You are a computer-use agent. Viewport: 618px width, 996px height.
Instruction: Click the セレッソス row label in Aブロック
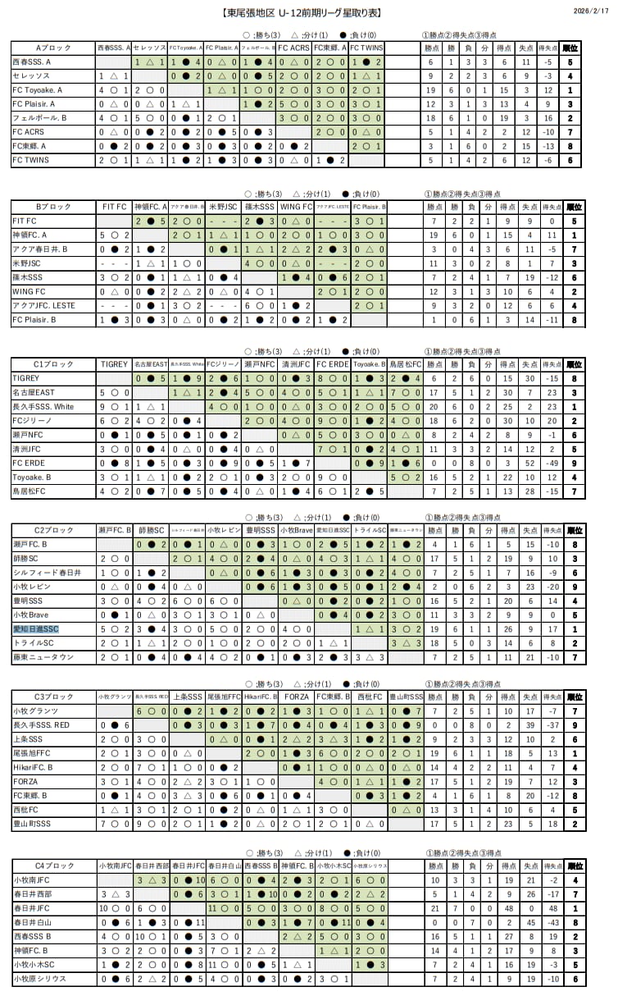tap(33, 76)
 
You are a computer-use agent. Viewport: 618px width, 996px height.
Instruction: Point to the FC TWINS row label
tap(31, 160)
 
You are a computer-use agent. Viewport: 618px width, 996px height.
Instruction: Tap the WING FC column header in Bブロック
tap(295, 208)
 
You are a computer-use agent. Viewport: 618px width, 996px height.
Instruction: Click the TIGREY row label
tap(26, 378)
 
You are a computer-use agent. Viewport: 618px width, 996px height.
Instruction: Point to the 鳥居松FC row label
tap(30, 491)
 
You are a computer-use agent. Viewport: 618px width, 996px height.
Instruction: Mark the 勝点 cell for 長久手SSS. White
tap(431, 406)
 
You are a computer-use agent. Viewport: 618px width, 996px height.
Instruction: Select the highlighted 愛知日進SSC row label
tap(36, 629)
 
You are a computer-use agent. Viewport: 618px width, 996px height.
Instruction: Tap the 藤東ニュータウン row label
tap(43, 657)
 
